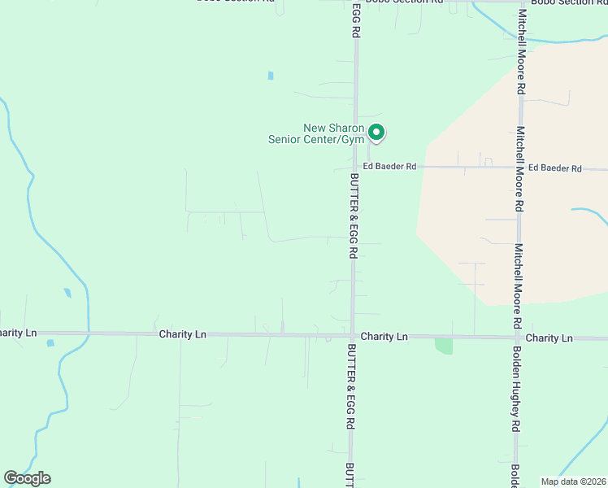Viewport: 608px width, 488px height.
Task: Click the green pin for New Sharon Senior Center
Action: pos(376,132)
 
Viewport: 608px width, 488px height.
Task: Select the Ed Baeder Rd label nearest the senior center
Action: pos(389,167)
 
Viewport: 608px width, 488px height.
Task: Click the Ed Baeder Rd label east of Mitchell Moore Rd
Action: pos(554,168)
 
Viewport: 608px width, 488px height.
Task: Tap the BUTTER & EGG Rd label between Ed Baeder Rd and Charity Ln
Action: pos(354,216)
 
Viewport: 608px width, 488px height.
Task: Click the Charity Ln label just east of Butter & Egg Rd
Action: pos(384,336)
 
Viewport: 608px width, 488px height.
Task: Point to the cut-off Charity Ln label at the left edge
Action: pos(18,333)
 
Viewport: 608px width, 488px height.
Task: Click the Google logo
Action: pos(27,478)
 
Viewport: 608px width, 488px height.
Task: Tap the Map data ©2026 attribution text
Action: pos(573,481)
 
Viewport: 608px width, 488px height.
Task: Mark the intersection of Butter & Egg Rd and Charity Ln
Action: pos(352,335)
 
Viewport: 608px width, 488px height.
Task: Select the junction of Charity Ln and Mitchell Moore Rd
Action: pos(517,337)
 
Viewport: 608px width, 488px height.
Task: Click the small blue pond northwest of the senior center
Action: pos(271,76)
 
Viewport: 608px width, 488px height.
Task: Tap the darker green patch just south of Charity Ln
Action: pos(443,346)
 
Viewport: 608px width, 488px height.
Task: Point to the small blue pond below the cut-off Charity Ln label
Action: pos(50,343)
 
